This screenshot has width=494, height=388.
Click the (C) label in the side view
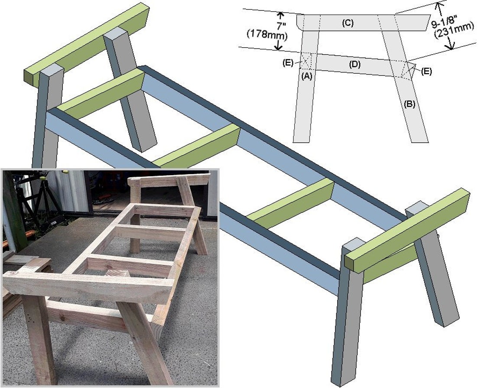(348, 23)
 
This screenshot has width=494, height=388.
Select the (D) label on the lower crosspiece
(355, 65)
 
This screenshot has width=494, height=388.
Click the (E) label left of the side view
(288, 62)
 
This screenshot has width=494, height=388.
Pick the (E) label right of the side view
(426, 71)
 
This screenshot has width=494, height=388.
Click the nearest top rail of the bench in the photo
(87, 289)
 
